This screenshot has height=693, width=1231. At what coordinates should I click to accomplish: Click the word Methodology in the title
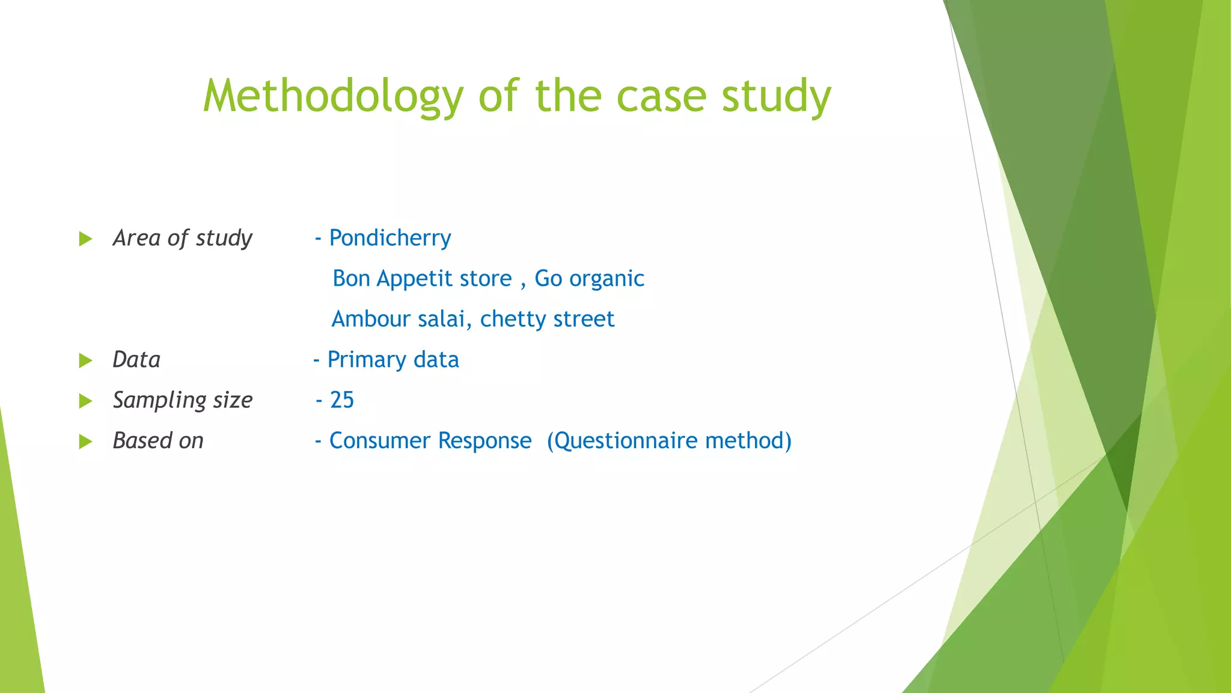point(333,96)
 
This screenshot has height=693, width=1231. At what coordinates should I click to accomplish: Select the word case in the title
point(661,96)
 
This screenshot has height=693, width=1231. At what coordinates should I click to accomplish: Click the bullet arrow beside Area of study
point(85,239)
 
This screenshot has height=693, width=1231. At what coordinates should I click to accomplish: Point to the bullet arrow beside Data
point(85,360)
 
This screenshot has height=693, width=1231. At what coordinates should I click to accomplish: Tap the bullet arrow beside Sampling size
point(85,401)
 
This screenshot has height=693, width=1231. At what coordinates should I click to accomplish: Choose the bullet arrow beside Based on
point(85,442)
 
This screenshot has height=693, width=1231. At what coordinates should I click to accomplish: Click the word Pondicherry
point(390,238)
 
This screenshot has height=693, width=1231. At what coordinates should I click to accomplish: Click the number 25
point(342,400)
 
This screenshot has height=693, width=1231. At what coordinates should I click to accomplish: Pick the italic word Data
point(136,360)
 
